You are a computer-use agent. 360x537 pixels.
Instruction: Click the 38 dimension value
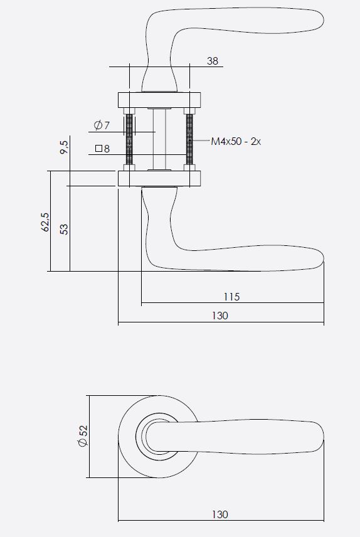pyautogui.click(x=213, y=61)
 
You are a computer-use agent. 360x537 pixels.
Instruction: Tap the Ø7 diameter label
pyautogui.click(x=102, y=125)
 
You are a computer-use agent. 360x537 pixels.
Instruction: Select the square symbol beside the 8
pyautogui.click(x=98, y=149)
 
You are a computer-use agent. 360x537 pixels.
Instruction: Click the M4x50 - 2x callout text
pyautogui.click(x=235, y=142)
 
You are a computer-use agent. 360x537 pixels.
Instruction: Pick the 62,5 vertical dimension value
pyautogui.click(x=45, y=222)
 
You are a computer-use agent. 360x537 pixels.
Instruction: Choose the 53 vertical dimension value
pyautogui.click(x=63, y=228)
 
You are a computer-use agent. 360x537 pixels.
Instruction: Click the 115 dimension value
pyautogui.click(x=231, y=297)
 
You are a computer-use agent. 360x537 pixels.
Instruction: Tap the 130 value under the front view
pyautogui.click(x=220, y=514)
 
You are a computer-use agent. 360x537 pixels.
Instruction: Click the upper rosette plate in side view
pyautogui.click(x=159, y=100)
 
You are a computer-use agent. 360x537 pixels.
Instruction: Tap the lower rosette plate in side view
pyautogui.click(x=159, y=178)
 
